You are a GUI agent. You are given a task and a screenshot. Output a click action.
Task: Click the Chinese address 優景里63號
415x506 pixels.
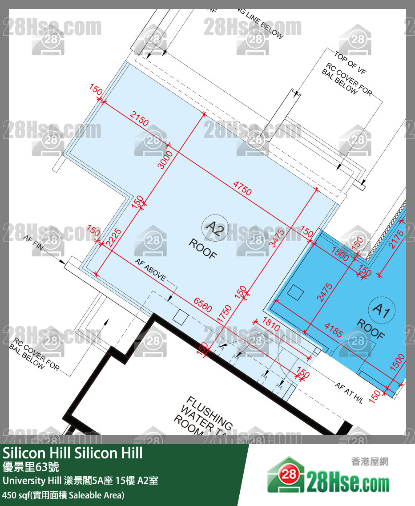[x=31, y=467]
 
